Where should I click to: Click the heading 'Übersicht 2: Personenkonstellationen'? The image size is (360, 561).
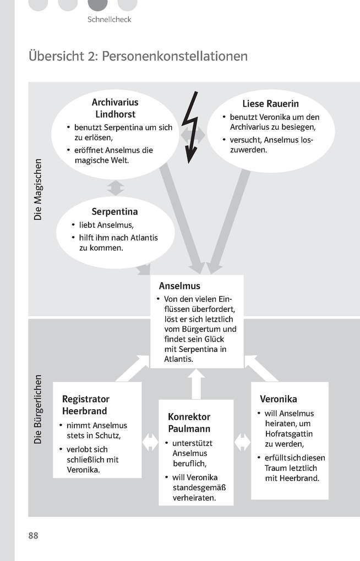point(138,56)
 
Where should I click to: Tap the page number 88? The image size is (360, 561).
point(34,535)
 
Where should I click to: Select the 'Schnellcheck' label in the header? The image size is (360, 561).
point(109,19)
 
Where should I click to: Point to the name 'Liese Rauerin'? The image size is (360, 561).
point(270,104)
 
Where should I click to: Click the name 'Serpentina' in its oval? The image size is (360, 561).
point(114,211)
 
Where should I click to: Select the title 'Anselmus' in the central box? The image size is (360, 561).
point(179,286)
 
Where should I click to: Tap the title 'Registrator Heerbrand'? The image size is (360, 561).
point(86,405)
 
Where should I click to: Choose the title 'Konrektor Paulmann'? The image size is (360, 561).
point(189,422)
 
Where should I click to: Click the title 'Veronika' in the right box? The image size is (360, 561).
point(279,399)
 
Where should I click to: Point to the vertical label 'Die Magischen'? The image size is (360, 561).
point(38,190)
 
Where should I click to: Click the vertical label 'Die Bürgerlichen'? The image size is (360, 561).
point(38,409)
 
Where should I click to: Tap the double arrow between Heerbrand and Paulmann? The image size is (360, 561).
point(150,442)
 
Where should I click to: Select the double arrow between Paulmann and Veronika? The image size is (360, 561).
point(243,442)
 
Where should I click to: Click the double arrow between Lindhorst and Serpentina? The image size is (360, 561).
point(116,188)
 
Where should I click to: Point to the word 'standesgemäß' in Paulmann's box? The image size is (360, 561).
point(199,488)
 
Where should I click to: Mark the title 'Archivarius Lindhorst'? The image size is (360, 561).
point(115,108)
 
